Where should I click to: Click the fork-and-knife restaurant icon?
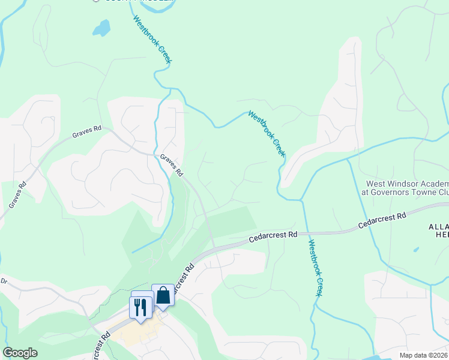tap(140, 307)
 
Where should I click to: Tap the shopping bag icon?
tap(163, 295)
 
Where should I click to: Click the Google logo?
tap(20, 353)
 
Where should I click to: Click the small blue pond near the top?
tap(101, 28)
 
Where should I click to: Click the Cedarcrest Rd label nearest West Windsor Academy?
tap(382, 220)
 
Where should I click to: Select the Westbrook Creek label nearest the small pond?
tap(151, 38)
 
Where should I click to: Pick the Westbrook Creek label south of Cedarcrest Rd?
tap(316, 268)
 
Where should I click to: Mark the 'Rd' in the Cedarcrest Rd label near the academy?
tap(401, 215)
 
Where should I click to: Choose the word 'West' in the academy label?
tap(377, 184)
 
